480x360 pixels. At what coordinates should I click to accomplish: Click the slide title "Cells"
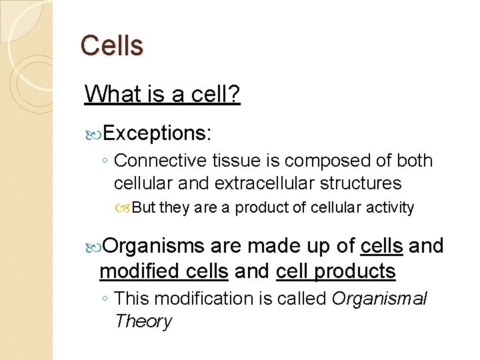click(x=111, y=45)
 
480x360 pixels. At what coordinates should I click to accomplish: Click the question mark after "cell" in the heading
click(x=234, y=94)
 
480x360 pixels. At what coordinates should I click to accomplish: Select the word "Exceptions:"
click(x=157, y=133)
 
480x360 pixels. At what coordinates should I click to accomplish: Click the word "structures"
click(x=361, y=183)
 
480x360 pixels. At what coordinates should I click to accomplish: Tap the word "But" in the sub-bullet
click(x=143, y=208)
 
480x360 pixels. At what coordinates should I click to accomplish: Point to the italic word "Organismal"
click(x=379, y=299)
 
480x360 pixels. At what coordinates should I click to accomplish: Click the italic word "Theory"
click(x=143, y=321)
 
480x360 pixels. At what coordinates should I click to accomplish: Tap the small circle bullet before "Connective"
click(x=105, y=161)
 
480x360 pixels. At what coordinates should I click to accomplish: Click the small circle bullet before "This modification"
click(x=105, y=299)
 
